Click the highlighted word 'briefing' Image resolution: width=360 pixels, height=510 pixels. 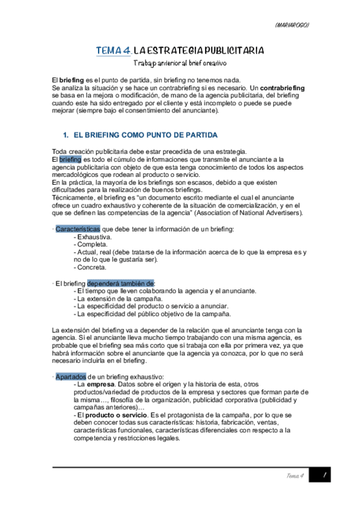70,159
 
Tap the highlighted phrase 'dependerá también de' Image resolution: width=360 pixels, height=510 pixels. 121,283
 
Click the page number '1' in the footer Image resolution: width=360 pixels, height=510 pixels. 324,476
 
